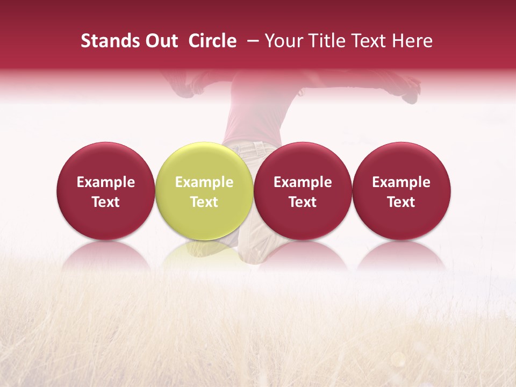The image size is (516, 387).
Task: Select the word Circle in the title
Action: coord(212,41)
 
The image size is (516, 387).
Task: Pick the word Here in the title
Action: coord(412,41)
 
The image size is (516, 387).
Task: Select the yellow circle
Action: coord(204,191)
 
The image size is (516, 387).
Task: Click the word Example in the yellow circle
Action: coord(204,182)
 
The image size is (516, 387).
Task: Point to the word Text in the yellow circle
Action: coord(204,202)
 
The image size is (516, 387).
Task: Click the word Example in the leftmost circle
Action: coord(106,182)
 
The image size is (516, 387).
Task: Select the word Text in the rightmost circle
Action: coord(402,202)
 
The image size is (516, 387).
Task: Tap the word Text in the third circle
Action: coord(303,202)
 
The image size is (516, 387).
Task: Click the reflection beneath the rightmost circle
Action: coord(402,255)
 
